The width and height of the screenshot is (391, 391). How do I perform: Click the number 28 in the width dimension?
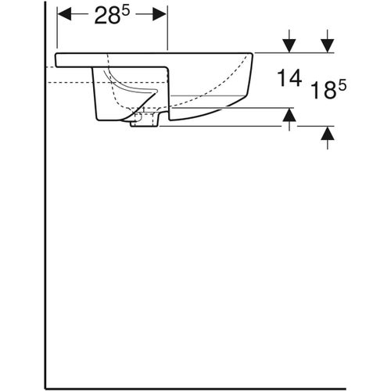(106, 18)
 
